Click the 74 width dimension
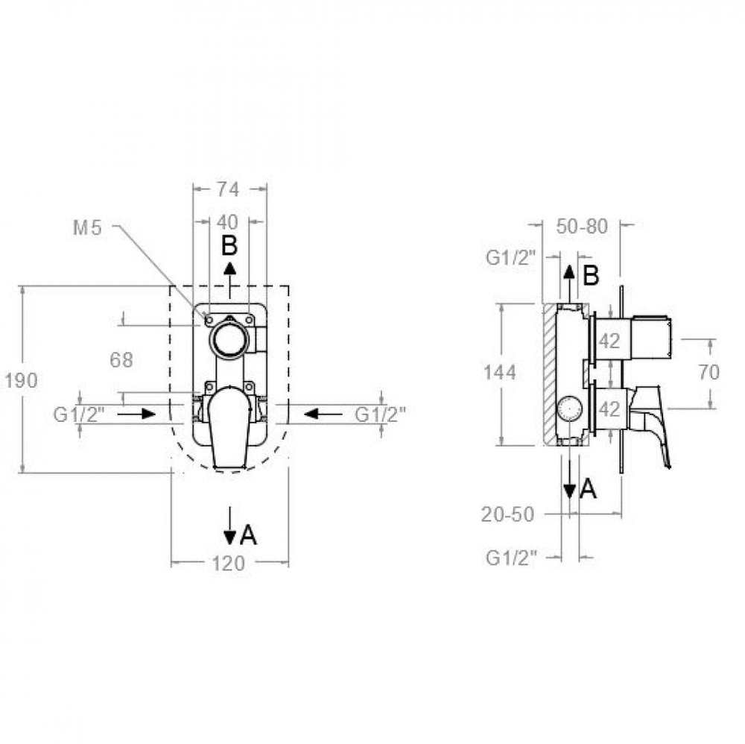[228, 189]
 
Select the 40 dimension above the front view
[228, 221]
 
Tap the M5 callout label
[87, 228]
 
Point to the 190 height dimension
[21, 380]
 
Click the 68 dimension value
[121, 360]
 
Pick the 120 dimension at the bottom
[229, 564]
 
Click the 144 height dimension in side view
[499, 372]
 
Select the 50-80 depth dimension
[582, 227]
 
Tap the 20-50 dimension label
[507, 514]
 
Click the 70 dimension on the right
[709, 372]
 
